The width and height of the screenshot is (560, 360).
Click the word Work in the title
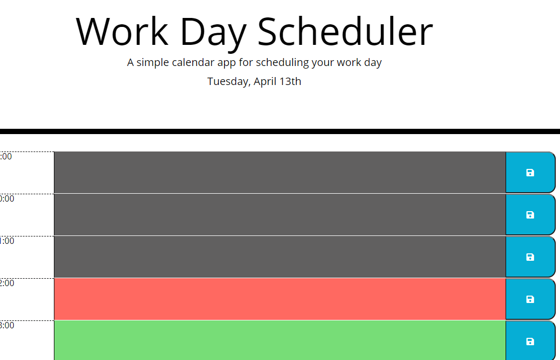pos(122,32)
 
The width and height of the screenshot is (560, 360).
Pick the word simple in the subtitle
pos(154,63)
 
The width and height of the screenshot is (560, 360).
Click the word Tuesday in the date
pos(229,82)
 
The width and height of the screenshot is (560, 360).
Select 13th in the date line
pos(291,81)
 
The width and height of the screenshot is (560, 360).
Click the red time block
pos(279,299)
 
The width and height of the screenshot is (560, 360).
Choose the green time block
pos(279,340)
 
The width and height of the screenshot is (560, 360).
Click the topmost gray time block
pos(279,172)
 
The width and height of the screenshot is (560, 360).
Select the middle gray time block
pos(279,214)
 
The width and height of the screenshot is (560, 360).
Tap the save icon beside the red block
pos(530,299)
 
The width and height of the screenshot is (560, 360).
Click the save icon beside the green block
pos(530,342)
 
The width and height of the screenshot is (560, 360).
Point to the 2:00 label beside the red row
pos(7,283)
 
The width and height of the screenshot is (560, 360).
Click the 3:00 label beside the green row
pos(7,325)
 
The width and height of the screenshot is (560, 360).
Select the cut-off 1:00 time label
pos(7,241)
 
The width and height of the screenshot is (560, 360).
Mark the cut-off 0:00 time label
pos(7,198)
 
